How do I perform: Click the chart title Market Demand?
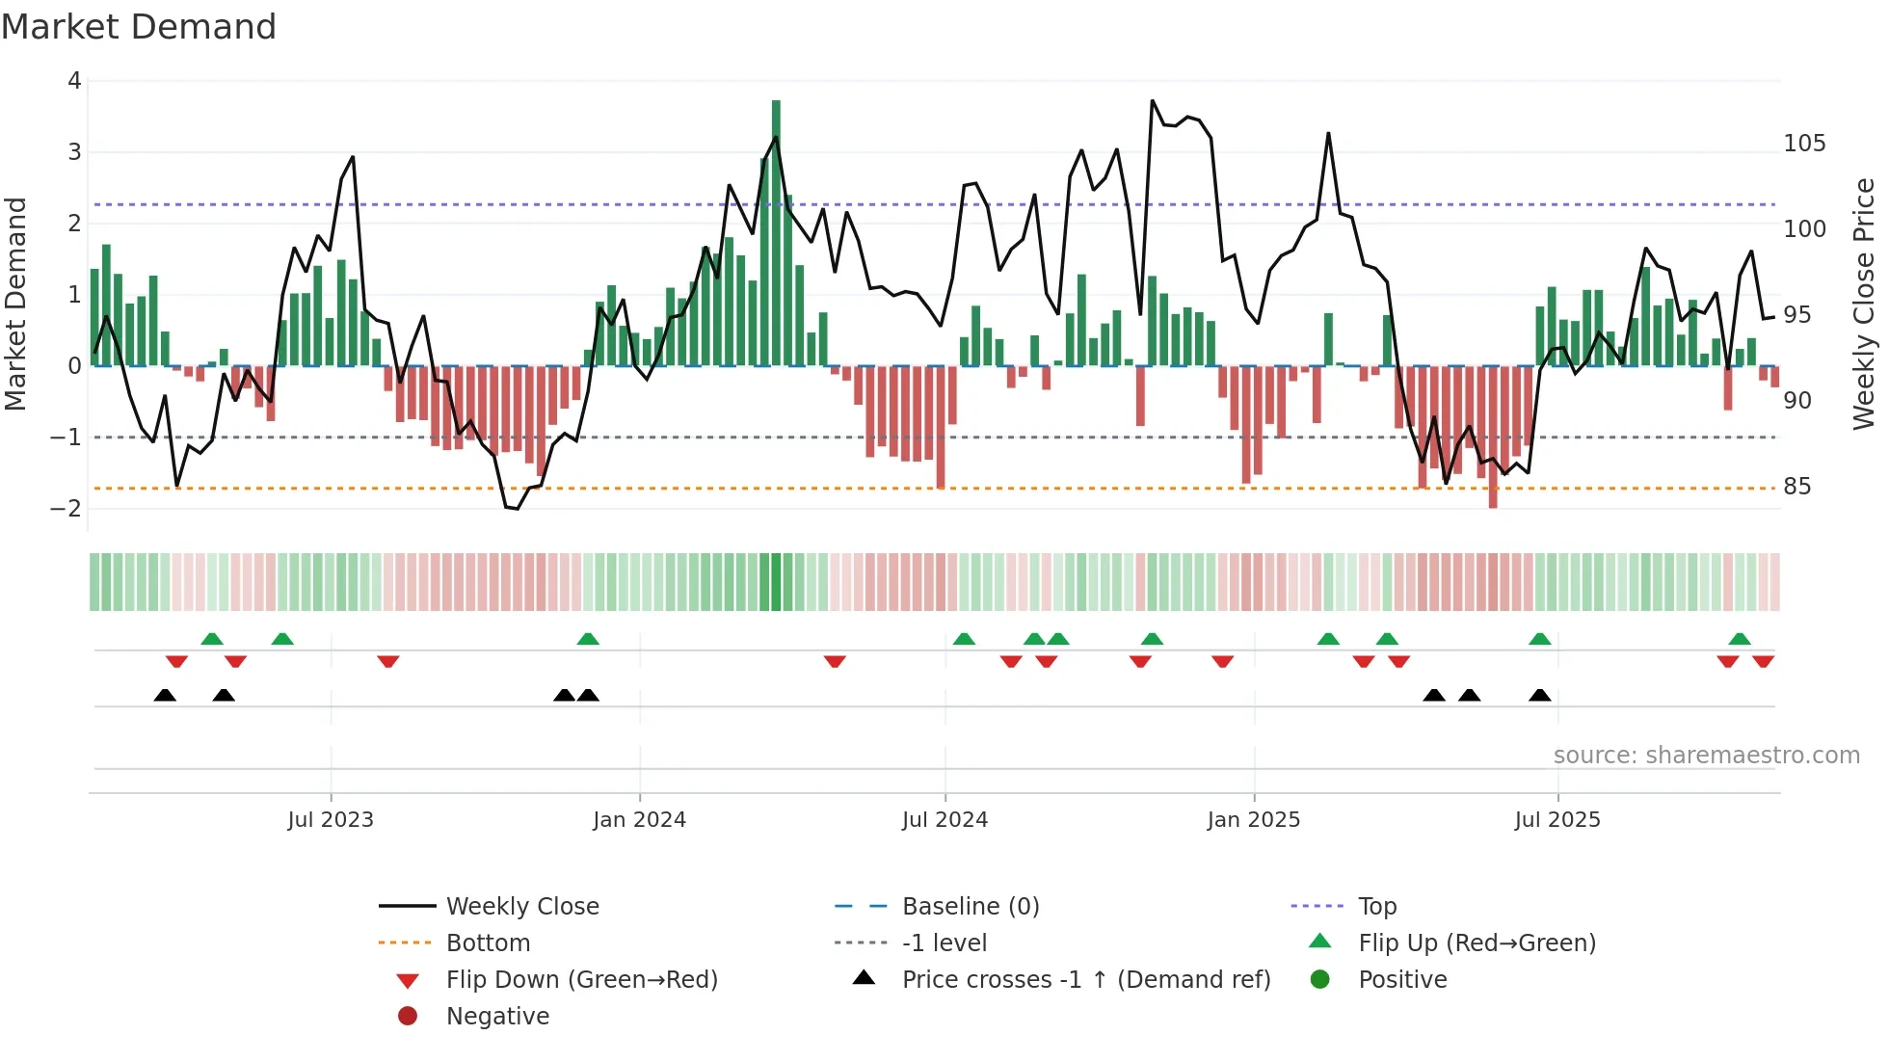pyautogui.click(x=139, y=27)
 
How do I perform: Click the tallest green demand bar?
pyautogui.click(x=776, y=231)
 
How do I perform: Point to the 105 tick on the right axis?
pyautogui.click(x=1804, y=144)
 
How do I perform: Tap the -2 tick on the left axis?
pyautogui.click(x=67, y=509)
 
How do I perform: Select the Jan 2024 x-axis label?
pyautogui.click(x=639, y=820)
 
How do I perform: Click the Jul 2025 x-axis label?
pyautogui.click(x=1556, y=820)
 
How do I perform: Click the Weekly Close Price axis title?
pyautogui.click(x=1864, y=304)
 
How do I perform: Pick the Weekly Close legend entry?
pyautogui.click(x=522, y=907)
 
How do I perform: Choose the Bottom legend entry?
pyautogui.click(x=488, y=943)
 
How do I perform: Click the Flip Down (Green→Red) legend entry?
pyautogui.click(x=581, y=980)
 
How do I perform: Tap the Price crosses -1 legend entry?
pyautogui.click(x=1085, y=980)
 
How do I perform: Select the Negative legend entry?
pyautogui.click(x=497, y=1017)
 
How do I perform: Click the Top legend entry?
pyautogui.click(x=1377, y=907)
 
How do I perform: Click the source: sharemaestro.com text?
pyautogui.click(x=1706, y=756)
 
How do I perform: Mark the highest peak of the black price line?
pyautogui.click(x=1153, y=100)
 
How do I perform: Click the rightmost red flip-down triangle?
pyautogui.click(x=1764, y=661)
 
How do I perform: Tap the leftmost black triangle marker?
pyautogui.click(x=165, y=695)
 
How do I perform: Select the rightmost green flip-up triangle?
pyautogui.click(x=1740, y=639)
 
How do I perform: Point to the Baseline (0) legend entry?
pyautogui.click(x=970, y=907)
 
